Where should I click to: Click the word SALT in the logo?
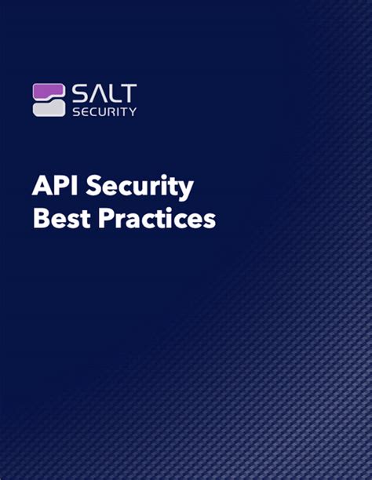click(x=104, y=93)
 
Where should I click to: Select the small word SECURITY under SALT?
click(x=104, y=111)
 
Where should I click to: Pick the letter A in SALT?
click(x=97, y=93)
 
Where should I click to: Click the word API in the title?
click(x=50, y=188)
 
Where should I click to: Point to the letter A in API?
click(x=41, y=188)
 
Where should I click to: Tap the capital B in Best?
click(x=40, y=219)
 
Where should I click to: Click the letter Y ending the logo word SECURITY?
click(x=133, y=111)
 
